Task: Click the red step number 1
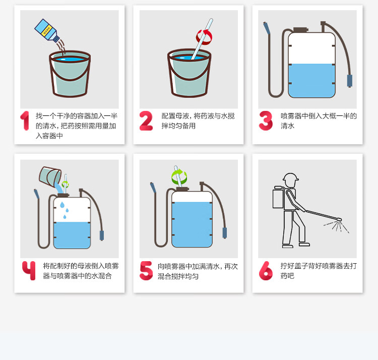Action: click(x=25, y=121)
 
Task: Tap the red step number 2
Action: click(x=146, y=121)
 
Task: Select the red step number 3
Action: click(x=266, y=121)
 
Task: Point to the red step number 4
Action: click(x=29, y=270)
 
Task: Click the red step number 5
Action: click(x=146, y=271)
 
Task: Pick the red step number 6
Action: click(x=266, y=271)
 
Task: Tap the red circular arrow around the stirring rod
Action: click(x=204, y=37)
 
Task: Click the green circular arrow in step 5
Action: click(x=179, y=177)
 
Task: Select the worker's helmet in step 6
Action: click(x=290, y=177)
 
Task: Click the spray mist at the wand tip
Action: click(x=337, y=226)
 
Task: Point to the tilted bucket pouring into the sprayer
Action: click(x=50, y=176)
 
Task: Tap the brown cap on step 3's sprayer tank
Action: click(x=300, y=30)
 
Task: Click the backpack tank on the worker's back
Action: click(x=278, y=198)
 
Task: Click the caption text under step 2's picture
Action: click(x=198, y=121)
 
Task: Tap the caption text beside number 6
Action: click(x=319, y=271)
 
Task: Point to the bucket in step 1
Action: click(x=70, y=74)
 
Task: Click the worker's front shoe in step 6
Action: click(x=304, y=244)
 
